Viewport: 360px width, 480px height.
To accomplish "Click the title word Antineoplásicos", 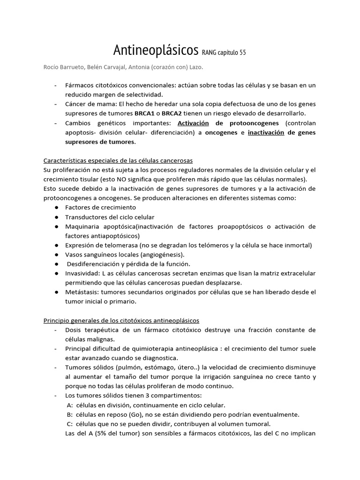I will coord(156,50).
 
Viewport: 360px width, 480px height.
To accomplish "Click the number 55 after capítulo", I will coord(242,52).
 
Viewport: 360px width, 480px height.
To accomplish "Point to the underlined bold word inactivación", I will coord(266,132).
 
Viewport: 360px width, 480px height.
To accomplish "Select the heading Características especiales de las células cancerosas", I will coord(118,160).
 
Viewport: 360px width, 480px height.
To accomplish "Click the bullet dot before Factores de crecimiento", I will coord(56,207).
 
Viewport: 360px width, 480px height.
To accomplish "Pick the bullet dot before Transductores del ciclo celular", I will coord(56,217).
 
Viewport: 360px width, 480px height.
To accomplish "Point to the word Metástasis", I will coord(82,292).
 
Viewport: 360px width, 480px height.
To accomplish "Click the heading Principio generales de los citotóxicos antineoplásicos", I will coord(121,320).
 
